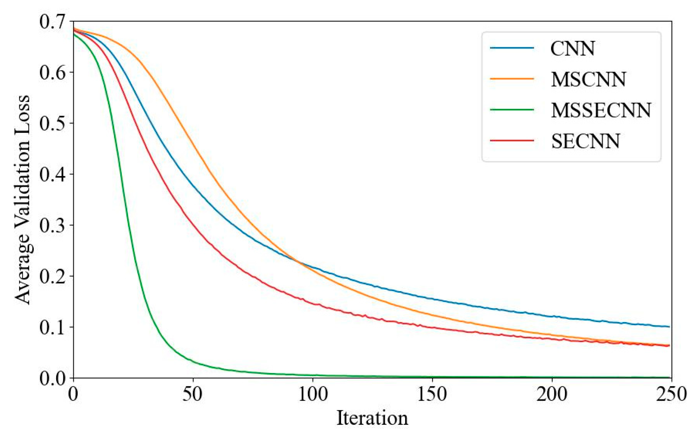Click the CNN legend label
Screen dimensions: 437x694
572,48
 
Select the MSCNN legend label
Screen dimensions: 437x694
588,79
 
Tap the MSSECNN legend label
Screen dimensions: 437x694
601,110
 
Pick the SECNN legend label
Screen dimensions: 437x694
585,141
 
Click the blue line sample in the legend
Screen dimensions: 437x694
512,48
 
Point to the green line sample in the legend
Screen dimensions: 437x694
512,110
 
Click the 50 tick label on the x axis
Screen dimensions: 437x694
193,394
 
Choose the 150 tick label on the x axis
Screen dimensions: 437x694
432,394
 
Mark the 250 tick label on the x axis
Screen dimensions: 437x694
671,394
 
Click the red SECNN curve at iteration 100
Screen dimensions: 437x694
313,304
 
